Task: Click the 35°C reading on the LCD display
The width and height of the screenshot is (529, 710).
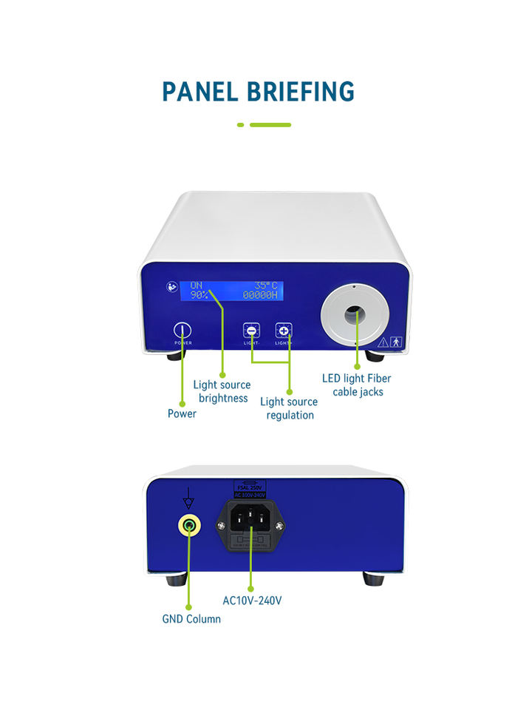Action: coord(265,285)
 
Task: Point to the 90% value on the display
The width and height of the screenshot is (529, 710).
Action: coord(198,294)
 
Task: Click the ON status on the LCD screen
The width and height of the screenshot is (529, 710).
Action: coord(196,285)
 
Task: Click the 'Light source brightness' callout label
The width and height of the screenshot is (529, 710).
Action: coord(222,391)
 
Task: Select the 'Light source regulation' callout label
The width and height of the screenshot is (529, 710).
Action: coord(289,408)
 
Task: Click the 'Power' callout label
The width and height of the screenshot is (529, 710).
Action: coord(182,413)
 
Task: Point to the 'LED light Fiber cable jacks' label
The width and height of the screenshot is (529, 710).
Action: coord(357,385)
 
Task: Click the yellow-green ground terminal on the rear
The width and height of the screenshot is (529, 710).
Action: coord(190,526)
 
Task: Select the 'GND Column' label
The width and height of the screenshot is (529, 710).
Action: coord(191,618)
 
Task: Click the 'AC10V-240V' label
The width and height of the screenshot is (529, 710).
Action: coord(252,601)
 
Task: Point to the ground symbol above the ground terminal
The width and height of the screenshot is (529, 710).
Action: coord(188,498)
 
